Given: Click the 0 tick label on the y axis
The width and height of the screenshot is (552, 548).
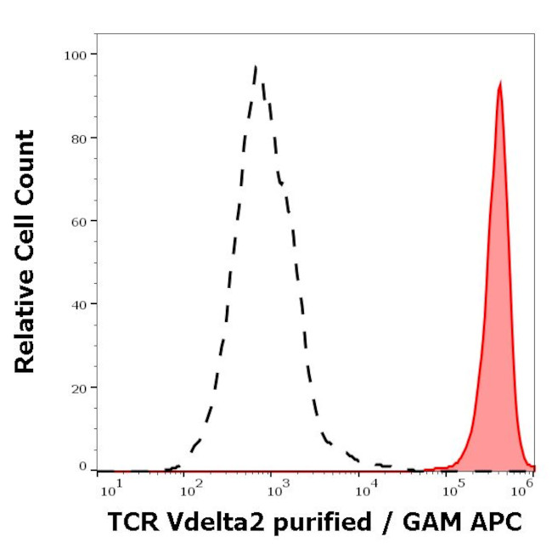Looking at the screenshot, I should [x=82, y=466].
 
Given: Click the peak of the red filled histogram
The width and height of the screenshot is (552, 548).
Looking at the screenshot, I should [x=500, y=82].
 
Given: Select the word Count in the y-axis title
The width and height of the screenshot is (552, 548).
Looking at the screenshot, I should [x=25, y=161].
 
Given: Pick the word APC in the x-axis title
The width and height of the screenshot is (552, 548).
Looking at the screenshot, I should [x=497, y=523].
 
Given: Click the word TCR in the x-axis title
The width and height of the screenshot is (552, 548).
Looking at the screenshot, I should [x=127, y=523].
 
